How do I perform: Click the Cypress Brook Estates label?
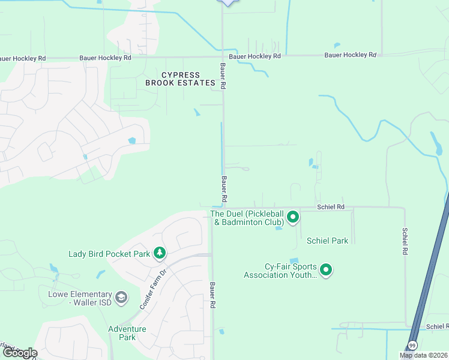point(180,79)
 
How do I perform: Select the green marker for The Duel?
point(293,217)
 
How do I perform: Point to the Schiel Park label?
point(327,241)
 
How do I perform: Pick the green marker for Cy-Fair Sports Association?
point(326,271)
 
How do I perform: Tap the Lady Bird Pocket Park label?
point(109,254)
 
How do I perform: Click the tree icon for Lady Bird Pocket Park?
point(159,254)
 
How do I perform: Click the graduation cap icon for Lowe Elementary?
point(121,298)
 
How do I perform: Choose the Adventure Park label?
point(127,333)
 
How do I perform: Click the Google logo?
point(19,353)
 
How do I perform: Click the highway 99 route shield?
point(413,346)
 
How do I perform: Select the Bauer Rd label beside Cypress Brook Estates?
point(222,77)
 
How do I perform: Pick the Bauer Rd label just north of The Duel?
point(223,188)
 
